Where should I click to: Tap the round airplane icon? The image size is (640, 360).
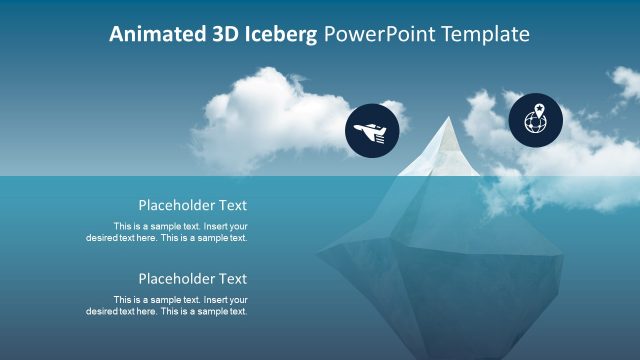(372, 131)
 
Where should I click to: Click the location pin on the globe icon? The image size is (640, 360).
(538, 110)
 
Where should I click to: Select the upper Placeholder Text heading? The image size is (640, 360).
(192, 205)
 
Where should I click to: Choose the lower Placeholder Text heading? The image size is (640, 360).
(192, 279)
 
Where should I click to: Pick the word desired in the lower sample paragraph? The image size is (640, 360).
(102, 312)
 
